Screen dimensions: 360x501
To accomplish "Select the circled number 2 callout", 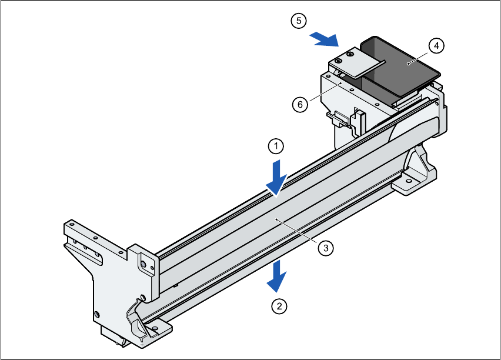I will click(279, 306).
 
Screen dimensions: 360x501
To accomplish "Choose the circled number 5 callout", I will click(299, 21).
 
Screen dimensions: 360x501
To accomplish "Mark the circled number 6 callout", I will click(300, 105).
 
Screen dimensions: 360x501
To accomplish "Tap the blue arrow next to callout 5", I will click(324, 39).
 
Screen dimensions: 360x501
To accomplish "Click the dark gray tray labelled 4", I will click(400, 68).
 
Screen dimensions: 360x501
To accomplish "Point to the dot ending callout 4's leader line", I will click(408, 62).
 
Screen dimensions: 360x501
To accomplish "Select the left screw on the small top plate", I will click(339, 61).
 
